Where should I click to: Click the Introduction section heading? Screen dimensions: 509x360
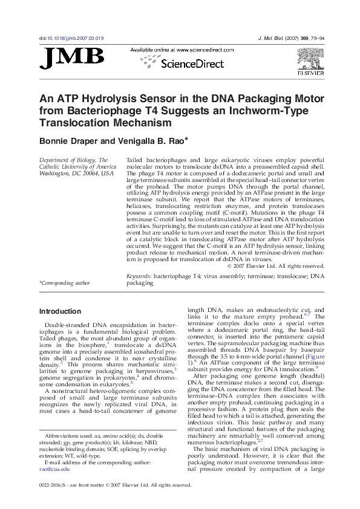[60, 311]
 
